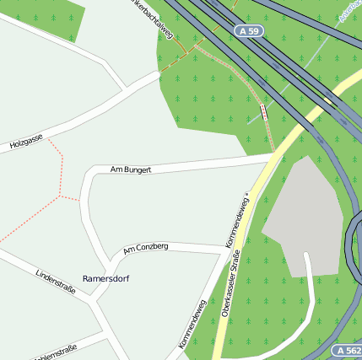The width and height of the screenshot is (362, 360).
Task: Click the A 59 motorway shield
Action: (248, 30)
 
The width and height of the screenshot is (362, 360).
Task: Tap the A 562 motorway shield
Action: (347, 350)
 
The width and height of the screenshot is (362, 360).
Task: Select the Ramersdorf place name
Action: (105, 277)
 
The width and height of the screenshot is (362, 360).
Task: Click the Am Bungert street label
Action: (131, 169)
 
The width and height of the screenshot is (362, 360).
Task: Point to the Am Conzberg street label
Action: (145, 248)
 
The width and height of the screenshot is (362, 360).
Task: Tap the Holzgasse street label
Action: (26, 142)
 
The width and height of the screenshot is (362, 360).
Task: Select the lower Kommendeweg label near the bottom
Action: (192, 325)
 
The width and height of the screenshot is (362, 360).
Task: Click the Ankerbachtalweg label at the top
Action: (154, 17)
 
